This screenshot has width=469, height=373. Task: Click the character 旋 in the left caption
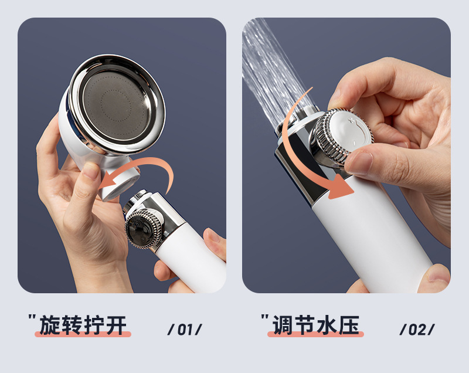(50, 325)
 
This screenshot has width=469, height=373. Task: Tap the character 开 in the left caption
(116, 325)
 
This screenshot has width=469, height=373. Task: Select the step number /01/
(185, 330)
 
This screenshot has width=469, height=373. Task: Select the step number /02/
(417, 330)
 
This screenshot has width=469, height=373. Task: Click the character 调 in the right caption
(283, 325)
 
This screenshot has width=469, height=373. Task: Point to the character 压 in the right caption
(349, 325)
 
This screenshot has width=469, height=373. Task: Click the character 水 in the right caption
(327, 325)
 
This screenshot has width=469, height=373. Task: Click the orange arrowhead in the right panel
(341, 186)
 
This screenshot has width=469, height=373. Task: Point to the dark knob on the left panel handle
(143, 229)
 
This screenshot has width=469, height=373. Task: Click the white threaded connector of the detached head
(120, 183)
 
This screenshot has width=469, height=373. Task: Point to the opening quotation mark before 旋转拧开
(32, 317)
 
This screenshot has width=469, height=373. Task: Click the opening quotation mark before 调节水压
(265, 317)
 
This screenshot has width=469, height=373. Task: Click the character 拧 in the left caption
(94, 325)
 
